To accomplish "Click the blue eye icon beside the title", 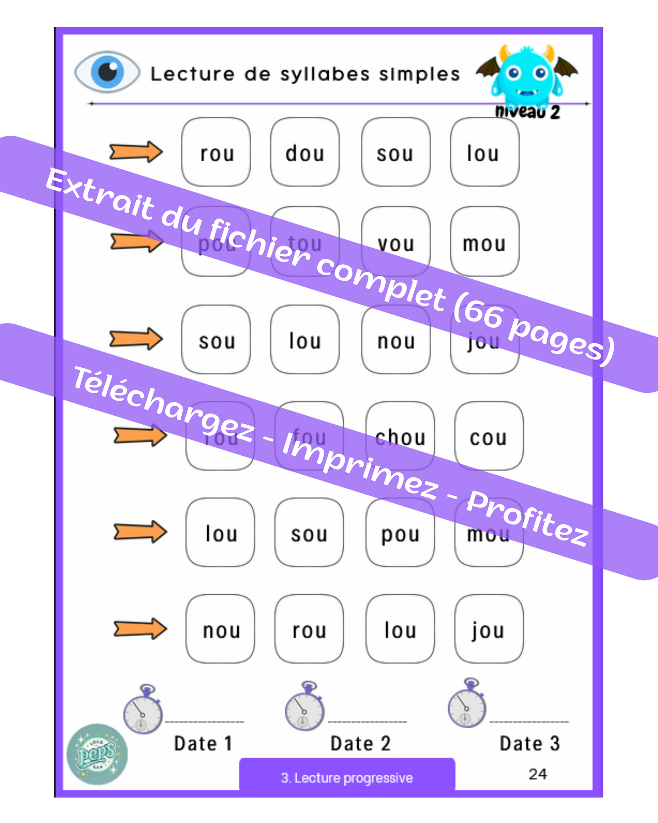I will [x=107, y=72].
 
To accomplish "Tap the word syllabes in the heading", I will [x=325, y=74].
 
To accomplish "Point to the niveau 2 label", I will [x=527, y=112].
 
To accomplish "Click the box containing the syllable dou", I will [x=305, y=152].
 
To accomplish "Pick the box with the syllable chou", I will [x=400, y=436].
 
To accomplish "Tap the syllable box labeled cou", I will [x=489, y=436].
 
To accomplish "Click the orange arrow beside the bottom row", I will [x=140, y=628].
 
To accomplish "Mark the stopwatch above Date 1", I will [x=143, y=709].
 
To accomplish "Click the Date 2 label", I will [x=360, y=743].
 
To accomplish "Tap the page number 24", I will [x=538, y=774].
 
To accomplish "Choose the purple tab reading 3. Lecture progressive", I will [x=347, y=777].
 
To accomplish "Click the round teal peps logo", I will [x=97, y=754].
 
